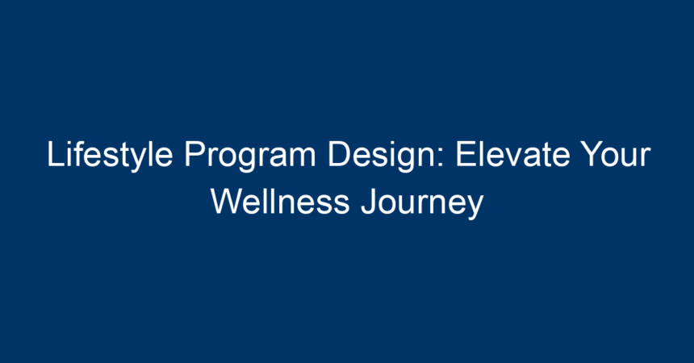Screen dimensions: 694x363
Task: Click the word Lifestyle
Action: tap(110, 156)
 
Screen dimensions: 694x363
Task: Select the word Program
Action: tap(250, 156)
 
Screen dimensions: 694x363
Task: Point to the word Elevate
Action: tap(512, 153)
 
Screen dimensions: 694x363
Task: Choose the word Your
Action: tap(616, 153)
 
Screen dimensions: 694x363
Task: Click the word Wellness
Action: tap(281, 202)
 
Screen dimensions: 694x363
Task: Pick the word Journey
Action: tap(423, 203)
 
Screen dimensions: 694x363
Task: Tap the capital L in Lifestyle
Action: tap(55, 153)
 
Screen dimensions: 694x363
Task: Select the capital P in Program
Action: tap(195, 153)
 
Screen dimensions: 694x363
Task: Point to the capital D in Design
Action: tap(340, 153)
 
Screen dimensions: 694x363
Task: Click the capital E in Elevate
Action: tap(466, 153)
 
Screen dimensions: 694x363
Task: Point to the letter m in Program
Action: tap(301, 157)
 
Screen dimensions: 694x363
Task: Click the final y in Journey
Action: tap(475, 207)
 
